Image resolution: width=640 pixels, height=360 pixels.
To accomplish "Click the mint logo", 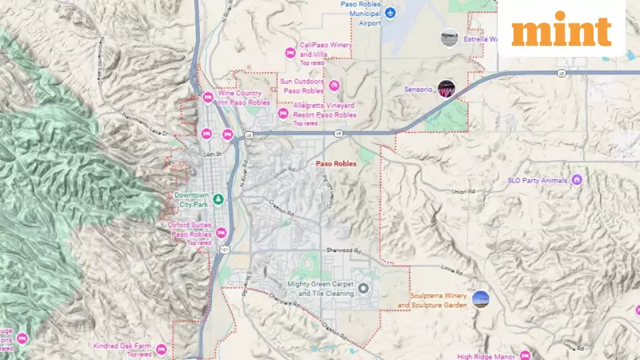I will pyautogui.click(x=561, y=30).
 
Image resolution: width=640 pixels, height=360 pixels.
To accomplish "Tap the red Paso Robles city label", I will pyautogui.click(x=336, y=163).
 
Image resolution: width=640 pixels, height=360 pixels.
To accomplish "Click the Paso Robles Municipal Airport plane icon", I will pyautogui.click(x=390, y=14).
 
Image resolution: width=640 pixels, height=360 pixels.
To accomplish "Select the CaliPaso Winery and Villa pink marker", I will pyautogui.click(x=290, y=53).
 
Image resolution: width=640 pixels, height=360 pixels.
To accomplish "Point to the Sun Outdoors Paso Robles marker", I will pyautogui.click(x=335, y=86).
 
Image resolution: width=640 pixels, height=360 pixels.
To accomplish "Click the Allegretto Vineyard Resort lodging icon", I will pyautogui.click(x=282, y=114).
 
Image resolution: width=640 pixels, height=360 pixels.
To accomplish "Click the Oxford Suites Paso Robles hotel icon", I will pyautogui.click(x=222, y=234).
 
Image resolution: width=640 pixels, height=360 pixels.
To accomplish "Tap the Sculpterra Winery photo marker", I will pyautogui.click(x=480, y=299).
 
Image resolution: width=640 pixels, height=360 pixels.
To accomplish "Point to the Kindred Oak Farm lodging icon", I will pyautogui.click(x=161, y=349).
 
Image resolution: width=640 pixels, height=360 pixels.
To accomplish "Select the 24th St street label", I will pyautogui.click(x=210, y=153).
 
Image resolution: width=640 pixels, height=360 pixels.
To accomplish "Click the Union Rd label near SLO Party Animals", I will pyautogui.click(x=462, y=192).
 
